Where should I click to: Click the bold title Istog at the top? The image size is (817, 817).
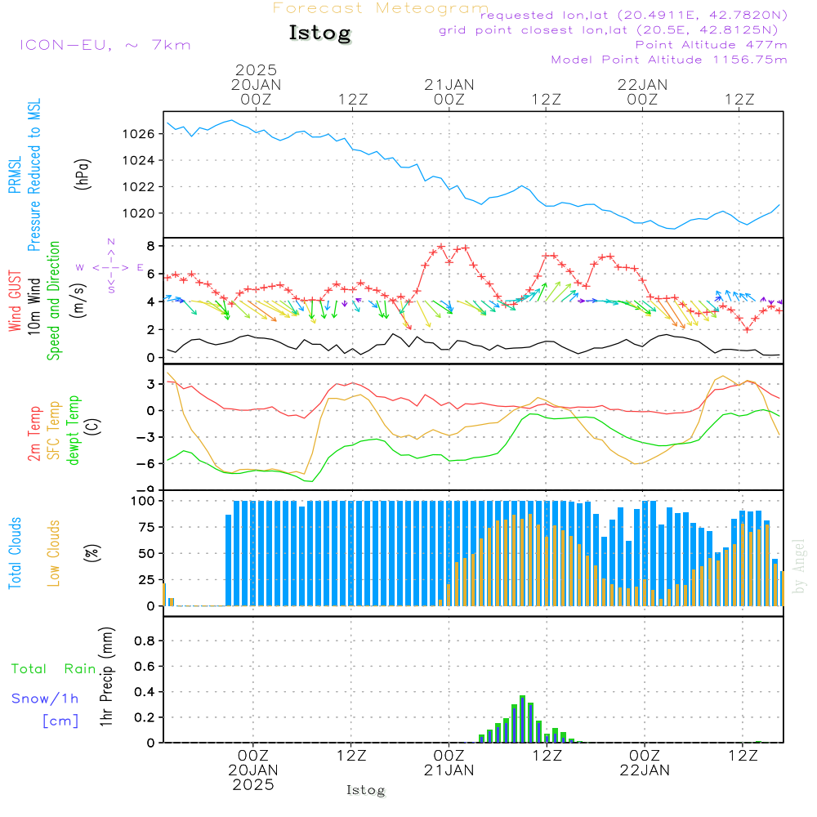(319, 33)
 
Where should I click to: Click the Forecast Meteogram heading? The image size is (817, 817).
(381, 9)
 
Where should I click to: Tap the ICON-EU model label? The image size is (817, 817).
(105, 45)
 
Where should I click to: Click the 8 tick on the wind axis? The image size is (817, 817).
(150, 246)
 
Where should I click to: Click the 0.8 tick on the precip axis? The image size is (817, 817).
(145, 641)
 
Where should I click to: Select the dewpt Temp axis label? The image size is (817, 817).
(74, 431)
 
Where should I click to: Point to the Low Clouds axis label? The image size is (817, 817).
(55, 551)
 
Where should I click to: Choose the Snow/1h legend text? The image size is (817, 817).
(46, 699)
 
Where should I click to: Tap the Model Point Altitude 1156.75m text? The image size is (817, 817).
(669, 60)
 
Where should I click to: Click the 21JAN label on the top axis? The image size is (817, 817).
(449, 84)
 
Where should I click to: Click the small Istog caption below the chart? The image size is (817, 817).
(365, 790)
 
